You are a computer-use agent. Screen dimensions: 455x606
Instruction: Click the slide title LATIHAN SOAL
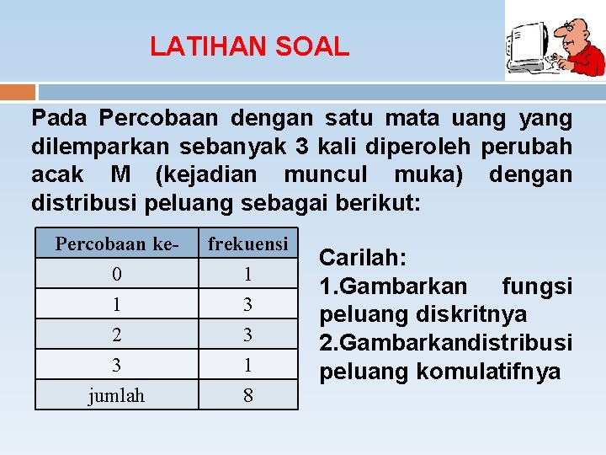[249, 46]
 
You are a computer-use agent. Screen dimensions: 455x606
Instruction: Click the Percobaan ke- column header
[117, 244]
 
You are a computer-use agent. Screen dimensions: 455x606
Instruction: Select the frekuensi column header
[248, 244]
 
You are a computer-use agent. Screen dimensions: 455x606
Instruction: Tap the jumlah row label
[117, 395]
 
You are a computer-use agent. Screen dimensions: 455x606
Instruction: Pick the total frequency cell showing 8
[248, 395]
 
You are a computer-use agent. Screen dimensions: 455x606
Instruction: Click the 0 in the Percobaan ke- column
[117, 275]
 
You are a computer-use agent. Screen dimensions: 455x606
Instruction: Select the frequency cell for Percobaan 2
[248, 335]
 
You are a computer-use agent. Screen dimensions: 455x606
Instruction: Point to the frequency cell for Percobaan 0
[248, 275]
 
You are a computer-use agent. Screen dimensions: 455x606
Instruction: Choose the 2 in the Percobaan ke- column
[117, 335]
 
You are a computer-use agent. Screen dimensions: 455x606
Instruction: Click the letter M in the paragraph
[120, 175]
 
